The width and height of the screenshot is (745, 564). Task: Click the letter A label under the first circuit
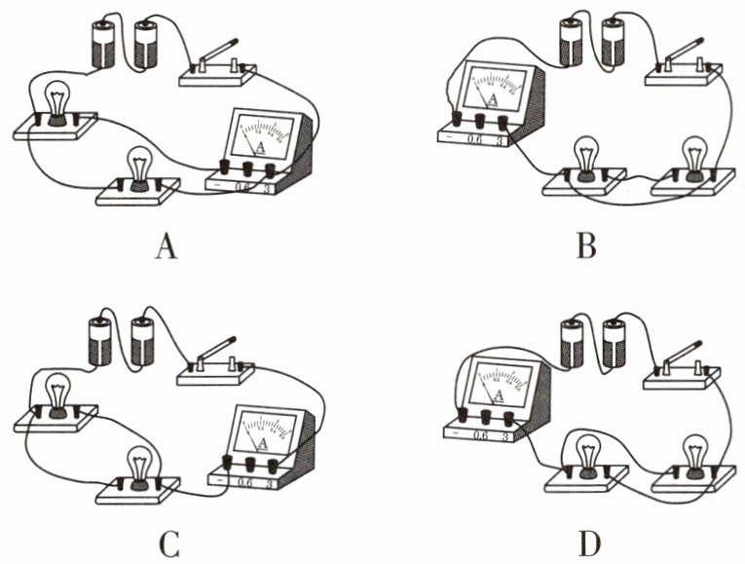pyautogui.click(x=167, y=248)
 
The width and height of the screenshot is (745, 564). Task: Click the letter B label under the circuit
pyautogui.click(x=585, y=248)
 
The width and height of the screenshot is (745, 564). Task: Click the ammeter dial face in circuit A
pyautogui.click(x=261, y=135)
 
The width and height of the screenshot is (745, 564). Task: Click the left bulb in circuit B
pyautogui.click(x=585, y=156)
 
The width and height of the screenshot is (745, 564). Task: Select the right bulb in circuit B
pyautogui.click(x=692, y=156)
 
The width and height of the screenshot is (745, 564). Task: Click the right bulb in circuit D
pyautogui.click(x=692, y=454)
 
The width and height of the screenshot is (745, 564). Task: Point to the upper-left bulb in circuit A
pyautogui.click(x=58, y=101)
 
